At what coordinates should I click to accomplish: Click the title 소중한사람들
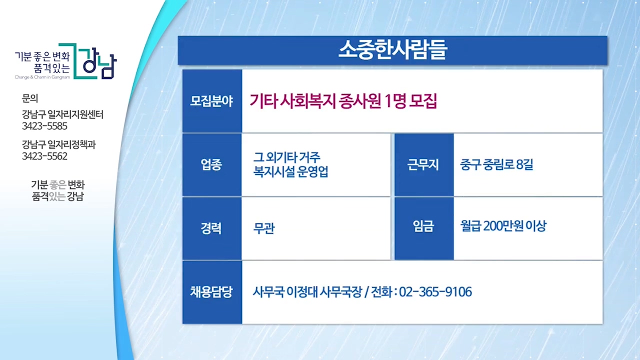point(393,49)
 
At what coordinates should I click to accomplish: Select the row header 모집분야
point(211,101)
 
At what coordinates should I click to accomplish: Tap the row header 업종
point(211,165)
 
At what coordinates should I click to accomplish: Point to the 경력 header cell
point(211,228)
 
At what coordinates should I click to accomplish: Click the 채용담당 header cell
point(211,292)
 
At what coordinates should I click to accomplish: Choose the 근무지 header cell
point(423,165)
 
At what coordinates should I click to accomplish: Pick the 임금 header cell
point(423,228)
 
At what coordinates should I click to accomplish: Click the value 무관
point(264,228)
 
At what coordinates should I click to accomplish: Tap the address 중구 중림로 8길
point(496,164)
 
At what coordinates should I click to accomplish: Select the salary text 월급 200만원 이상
point(503,226)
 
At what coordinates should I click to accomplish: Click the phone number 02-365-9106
point(435,292)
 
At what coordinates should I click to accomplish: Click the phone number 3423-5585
point(44,126)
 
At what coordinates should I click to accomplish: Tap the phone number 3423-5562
point(44,156)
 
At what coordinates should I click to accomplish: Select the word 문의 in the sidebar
point(30,98)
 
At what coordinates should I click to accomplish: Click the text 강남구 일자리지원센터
point(62,114)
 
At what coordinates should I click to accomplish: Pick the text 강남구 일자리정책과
point(59,144)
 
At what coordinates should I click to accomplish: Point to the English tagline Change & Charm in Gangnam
point(42,77)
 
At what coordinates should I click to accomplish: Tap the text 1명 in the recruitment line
point(395,101)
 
